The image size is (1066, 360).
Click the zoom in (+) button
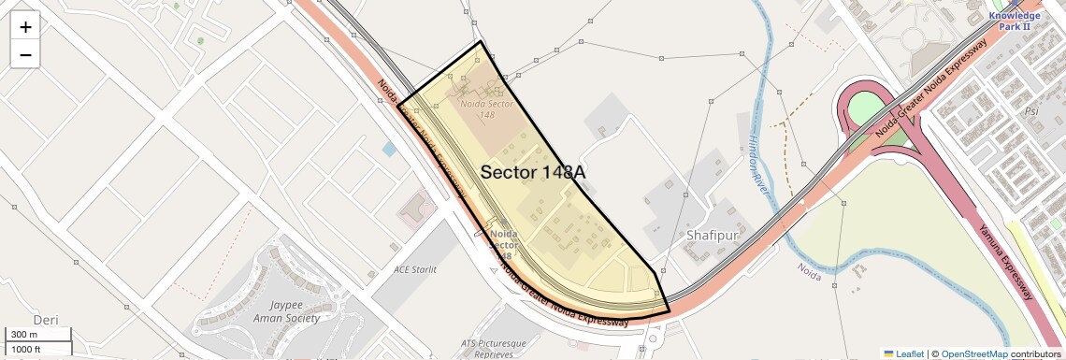[25, 26]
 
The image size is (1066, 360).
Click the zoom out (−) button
[25, 54]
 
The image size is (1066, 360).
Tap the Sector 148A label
[534, 172]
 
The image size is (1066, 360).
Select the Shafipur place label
[718, 235]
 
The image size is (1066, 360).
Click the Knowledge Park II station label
[1014, 21]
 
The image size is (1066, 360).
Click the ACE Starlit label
[415, 270]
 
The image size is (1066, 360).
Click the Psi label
[1031, 109]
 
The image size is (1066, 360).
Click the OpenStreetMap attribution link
[973, 353]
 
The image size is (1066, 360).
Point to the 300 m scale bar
[37, 334]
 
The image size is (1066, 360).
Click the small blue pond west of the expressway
[389, 149]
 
